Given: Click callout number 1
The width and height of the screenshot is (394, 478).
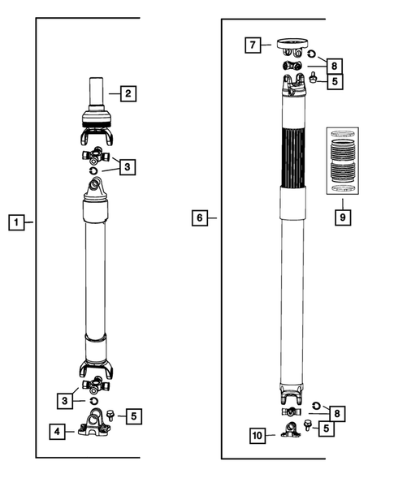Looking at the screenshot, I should pyautogui.click(x=15, y=221).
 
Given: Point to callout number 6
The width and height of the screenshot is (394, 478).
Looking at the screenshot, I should pyautogui.click(x=200, y=217).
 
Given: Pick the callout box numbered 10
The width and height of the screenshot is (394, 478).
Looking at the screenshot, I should pyautogui.click(x=258, y=436).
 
